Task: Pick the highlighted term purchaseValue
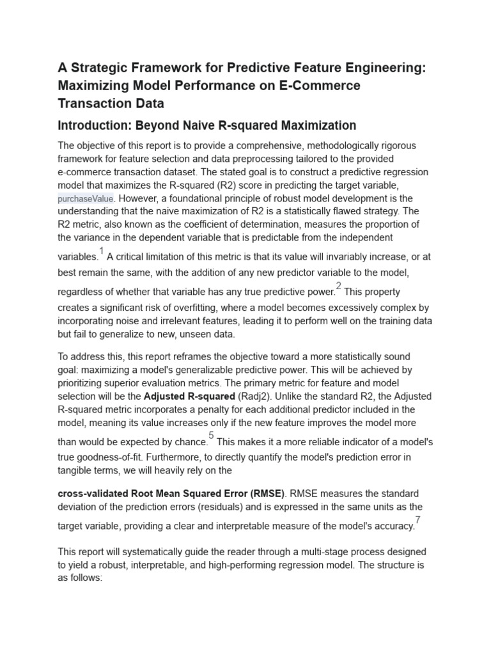point(85,199)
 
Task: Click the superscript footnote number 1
point(101,251)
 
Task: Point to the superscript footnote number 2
point(339,286)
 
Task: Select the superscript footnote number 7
point(417,519)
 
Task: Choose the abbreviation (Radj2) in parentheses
point(256,396)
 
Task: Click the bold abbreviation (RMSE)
point(269,494)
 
